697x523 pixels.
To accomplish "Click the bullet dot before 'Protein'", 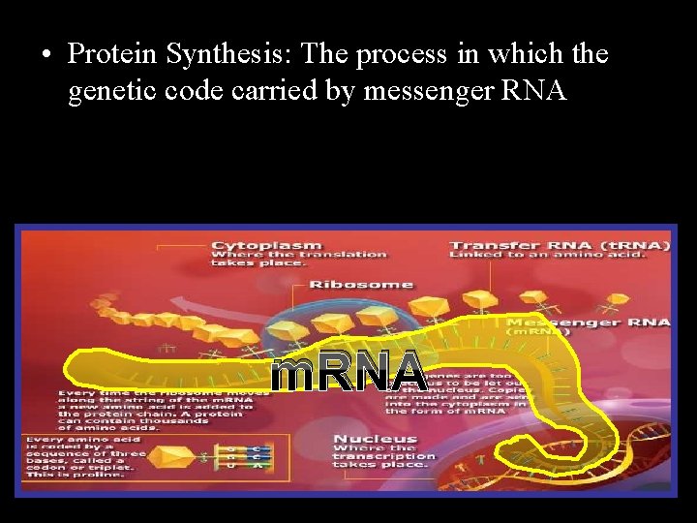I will [45, 54].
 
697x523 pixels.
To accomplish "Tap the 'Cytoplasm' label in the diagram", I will [266, 245].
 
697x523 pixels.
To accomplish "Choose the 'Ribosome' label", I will [360, 285].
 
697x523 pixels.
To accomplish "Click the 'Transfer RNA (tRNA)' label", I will [560, 245].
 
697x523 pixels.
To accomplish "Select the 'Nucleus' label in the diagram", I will [376, 440].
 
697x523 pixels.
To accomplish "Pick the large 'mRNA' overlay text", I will [348, 372].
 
